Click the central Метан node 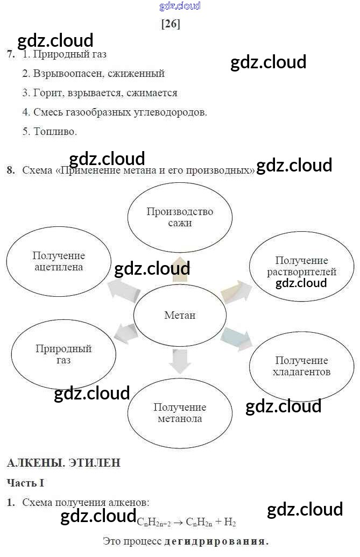(180, 315)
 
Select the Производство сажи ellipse (180, 217)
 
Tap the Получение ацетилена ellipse (59, 261)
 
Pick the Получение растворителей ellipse (301, 267)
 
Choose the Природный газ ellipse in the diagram (63, 354)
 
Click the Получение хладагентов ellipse (301, 366)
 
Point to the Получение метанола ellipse (180, 413)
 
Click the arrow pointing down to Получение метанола (180, 361)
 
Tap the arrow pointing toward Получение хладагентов (236, 338)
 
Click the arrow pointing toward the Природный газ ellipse (126, 333)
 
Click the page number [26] (171, 24)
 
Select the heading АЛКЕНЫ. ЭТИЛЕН (63, 462)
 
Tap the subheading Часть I (25, 483)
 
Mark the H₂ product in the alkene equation (230, 522)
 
